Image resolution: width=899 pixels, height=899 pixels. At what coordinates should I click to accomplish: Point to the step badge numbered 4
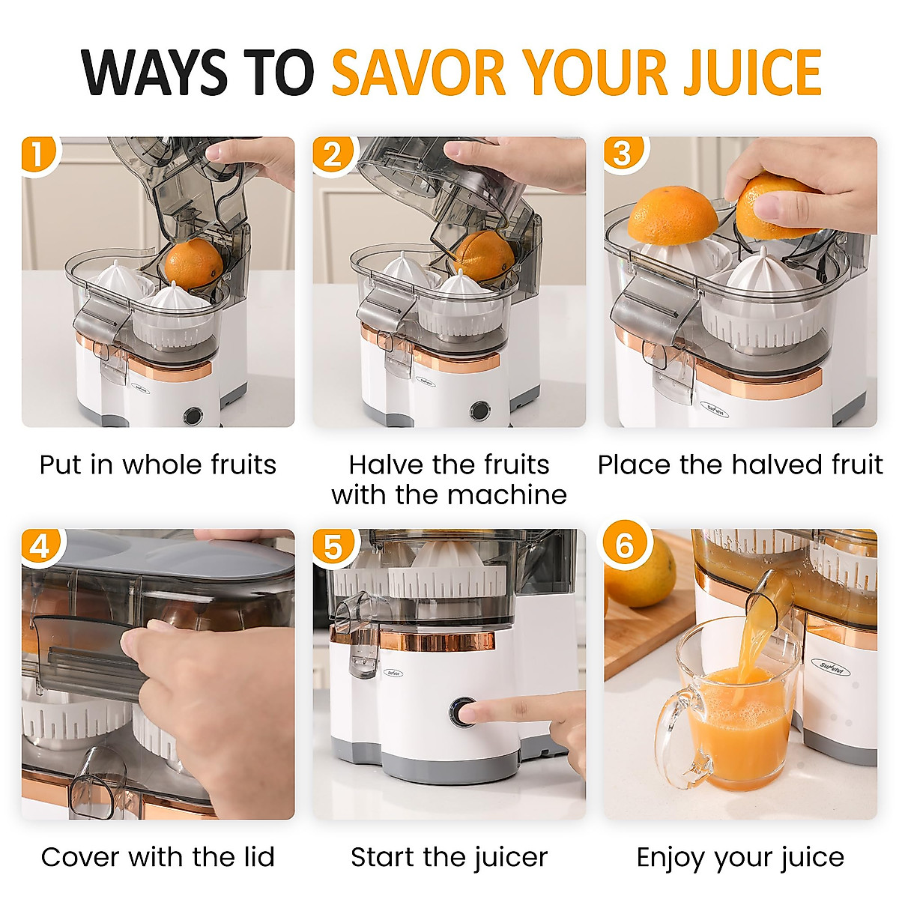(39, 546)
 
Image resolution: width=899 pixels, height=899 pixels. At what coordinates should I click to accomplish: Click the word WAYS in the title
(154, 73)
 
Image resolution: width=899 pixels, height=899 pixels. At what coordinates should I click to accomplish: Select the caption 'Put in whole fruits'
(158, 464)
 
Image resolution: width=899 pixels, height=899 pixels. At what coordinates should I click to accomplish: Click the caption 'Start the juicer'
(449, 857)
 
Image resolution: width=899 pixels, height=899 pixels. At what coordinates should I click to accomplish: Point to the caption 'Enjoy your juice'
(740, 857)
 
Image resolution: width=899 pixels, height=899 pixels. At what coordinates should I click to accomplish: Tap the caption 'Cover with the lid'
(158, 857)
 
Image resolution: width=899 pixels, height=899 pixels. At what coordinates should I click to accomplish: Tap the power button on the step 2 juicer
(479, 410)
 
